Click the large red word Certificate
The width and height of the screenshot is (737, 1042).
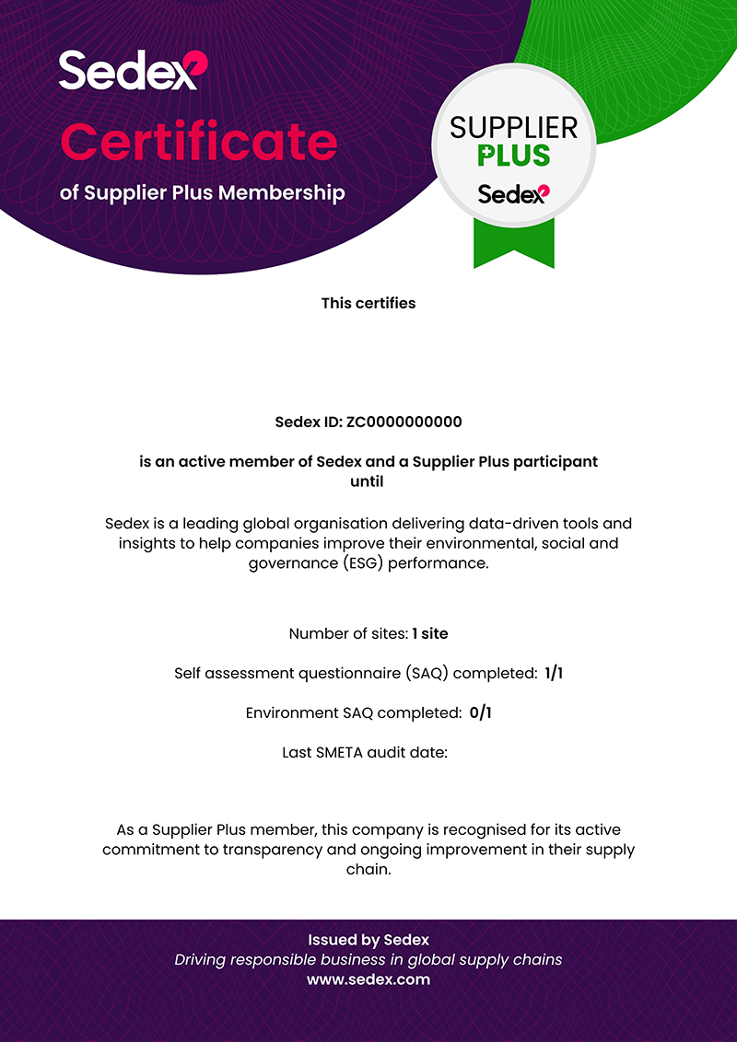pyautogui.click(x=198, y=141)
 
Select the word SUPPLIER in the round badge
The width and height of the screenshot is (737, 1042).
pyautogui.click(x=513, y=128)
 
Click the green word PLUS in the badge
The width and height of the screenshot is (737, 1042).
pyautogui.click(x=513, y=155)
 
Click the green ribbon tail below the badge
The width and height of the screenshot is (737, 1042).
pyautogui.click(x=513, y=244)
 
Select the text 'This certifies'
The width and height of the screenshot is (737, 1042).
pyautogui.click(x=368, y=303)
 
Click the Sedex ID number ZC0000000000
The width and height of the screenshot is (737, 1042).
pyautogui.click(x=404, y=423)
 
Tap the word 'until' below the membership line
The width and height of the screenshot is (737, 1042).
pyautogui.click(x=368, y=481)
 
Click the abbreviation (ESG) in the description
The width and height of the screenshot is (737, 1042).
pyautogui.click(x=338, y=562)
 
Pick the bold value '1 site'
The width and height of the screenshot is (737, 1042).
pyautogui.click(x=430, y=633)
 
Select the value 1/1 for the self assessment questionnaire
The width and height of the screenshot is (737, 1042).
pyautogui.click(x=554, y=673)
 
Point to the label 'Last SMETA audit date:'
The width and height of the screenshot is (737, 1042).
pyautogui.click(x=365, y=752)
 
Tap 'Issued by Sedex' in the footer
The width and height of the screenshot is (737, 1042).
pyautogui.click(x=368, y=940)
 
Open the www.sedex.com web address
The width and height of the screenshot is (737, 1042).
pyautogui.click(x=368, y=979)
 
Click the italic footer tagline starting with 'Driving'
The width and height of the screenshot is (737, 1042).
pyautogui.click(x=368, y=960)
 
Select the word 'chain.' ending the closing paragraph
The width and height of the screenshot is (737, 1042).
pyautogui.click(x=368, y=869)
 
